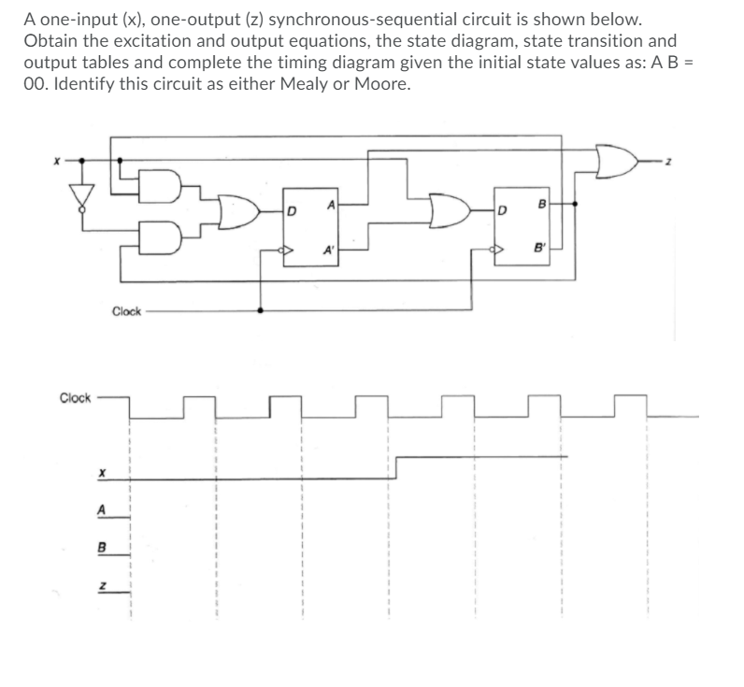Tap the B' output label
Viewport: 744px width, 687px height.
pos(538,250)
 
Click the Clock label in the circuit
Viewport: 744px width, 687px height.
pos(126,311)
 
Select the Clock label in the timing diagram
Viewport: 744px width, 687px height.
pos(75,397)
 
